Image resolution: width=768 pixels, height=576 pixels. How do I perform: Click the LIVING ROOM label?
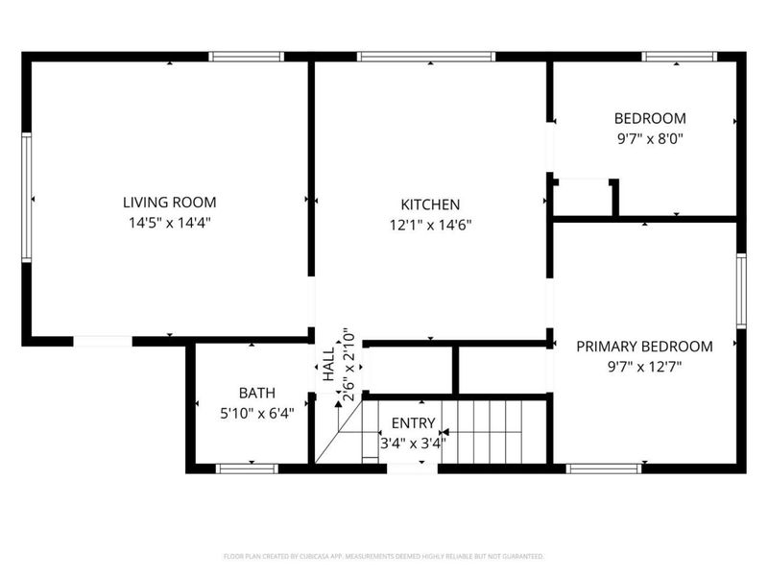pos(169,203)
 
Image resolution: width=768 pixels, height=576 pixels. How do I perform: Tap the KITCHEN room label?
pos(430,204)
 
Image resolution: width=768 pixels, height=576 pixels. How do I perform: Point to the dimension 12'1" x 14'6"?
pos(430,226)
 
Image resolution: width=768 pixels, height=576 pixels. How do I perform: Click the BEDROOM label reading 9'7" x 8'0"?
pos(650,119)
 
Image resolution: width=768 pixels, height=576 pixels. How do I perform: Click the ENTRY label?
pos(413,423)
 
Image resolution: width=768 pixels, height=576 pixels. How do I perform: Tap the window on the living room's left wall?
pos(27,197)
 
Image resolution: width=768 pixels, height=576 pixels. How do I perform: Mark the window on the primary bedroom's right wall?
pos(741,290)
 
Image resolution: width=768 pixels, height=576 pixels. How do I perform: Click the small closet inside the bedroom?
pos(584,198)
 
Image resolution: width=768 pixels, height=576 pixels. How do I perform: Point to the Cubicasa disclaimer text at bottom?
pos(384,556)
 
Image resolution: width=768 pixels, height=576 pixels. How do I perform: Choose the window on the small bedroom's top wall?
pos(680,57)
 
